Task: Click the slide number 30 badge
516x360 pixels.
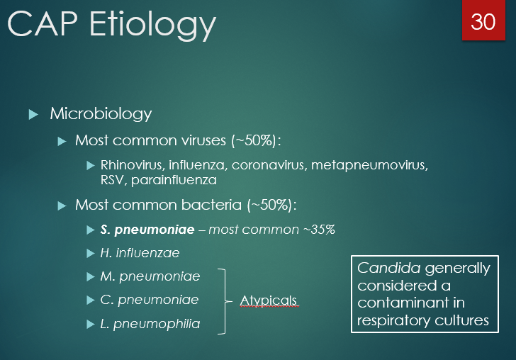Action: [483, 21]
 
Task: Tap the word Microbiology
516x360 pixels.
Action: [101, 113]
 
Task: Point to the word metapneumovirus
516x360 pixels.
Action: [378, 165]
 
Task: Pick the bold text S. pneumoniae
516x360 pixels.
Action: [147, 230]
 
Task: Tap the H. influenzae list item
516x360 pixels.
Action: [140, 252]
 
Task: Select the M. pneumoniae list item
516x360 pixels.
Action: [150, 276]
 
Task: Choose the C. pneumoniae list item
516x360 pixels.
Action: [150, 300]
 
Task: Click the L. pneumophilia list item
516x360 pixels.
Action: [150, 324]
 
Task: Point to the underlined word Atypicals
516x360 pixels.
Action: [268, 300]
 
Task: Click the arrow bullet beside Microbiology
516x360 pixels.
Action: [33, 114]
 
